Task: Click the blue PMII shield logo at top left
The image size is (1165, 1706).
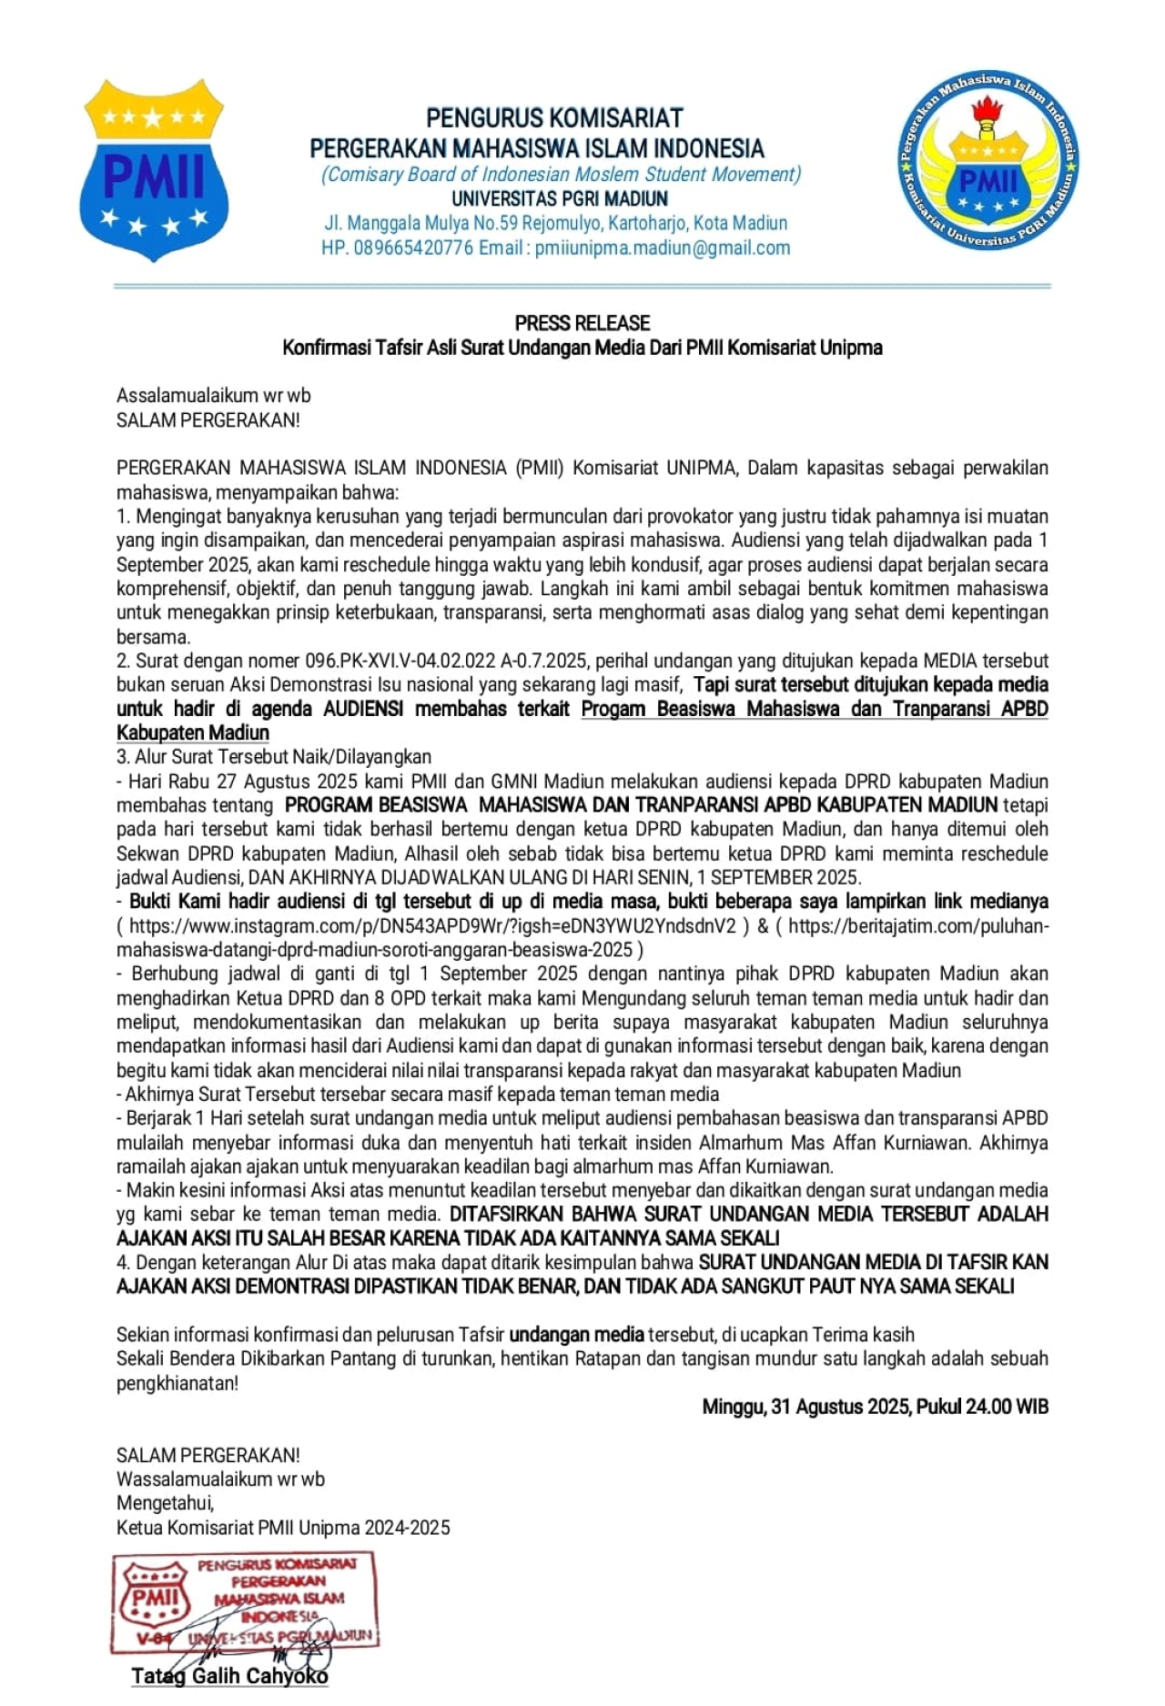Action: [154, 171]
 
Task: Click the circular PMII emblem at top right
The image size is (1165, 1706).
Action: [988, 162]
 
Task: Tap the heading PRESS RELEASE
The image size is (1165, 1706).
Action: [582, 323]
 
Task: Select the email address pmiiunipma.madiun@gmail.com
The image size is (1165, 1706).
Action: [663, 247]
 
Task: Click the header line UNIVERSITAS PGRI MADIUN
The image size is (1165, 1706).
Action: [559, 198]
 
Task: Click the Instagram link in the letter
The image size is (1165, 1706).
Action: [432, 926]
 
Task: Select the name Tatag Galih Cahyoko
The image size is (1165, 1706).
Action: [229, 1676]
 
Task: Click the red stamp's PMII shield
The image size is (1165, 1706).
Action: [156, 1599]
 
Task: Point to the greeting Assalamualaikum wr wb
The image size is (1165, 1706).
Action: [213, 396]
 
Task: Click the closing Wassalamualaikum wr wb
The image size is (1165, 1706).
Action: [220, 1479]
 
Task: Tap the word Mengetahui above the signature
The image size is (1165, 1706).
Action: [165, 1503]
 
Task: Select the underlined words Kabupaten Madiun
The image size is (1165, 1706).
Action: [193, 732]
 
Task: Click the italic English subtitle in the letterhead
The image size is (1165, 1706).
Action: [561, 174]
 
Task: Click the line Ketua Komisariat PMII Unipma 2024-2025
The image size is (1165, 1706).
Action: [283, 1528]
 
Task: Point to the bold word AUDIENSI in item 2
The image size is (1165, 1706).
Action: [363, 709]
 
